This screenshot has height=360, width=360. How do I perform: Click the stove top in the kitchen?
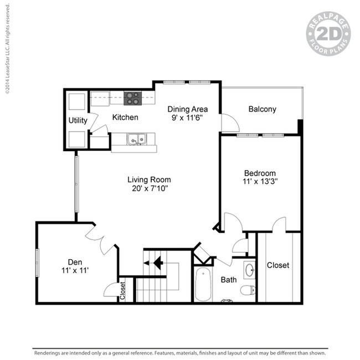(133, 98)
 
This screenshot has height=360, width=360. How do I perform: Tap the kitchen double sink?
(137, 139)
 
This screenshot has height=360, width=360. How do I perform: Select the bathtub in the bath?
(203, 285)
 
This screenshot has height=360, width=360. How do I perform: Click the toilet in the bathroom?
(248, 290)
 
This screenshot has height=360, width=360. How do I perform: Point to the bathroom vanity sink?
(250, 270)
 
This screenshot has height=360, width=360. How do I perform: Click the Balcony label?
(262, 109)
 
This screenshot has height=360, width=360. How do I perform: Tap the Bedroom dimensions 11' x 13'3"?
(260, 181)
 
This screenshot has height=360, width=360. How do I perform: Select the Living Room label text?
(149, 179)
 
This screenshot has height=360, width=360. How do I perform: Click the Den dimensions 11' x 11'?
(75, 270)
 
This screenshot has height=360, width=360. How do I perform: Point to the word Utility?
(78, 120)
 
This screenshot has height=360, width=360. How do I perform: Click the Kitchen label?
(125, 117)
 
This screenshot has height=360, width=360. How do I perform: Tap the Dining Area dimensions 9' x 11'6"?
(187, 118)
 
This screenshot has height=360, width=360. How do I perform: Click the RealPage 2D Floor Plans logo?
(328, 34)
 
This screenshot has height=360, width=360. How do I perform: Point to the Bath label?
(229, 280)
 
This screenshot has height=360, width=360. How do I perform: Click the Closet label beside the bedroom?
(278, 265)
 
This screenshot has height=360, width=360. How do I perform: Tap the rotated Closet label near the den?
(122, 290)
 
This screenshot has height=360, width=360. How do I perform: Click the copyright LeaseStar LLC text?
(8, 49)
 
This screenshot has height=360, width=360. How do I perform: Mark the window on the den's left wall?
(38, 263)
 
